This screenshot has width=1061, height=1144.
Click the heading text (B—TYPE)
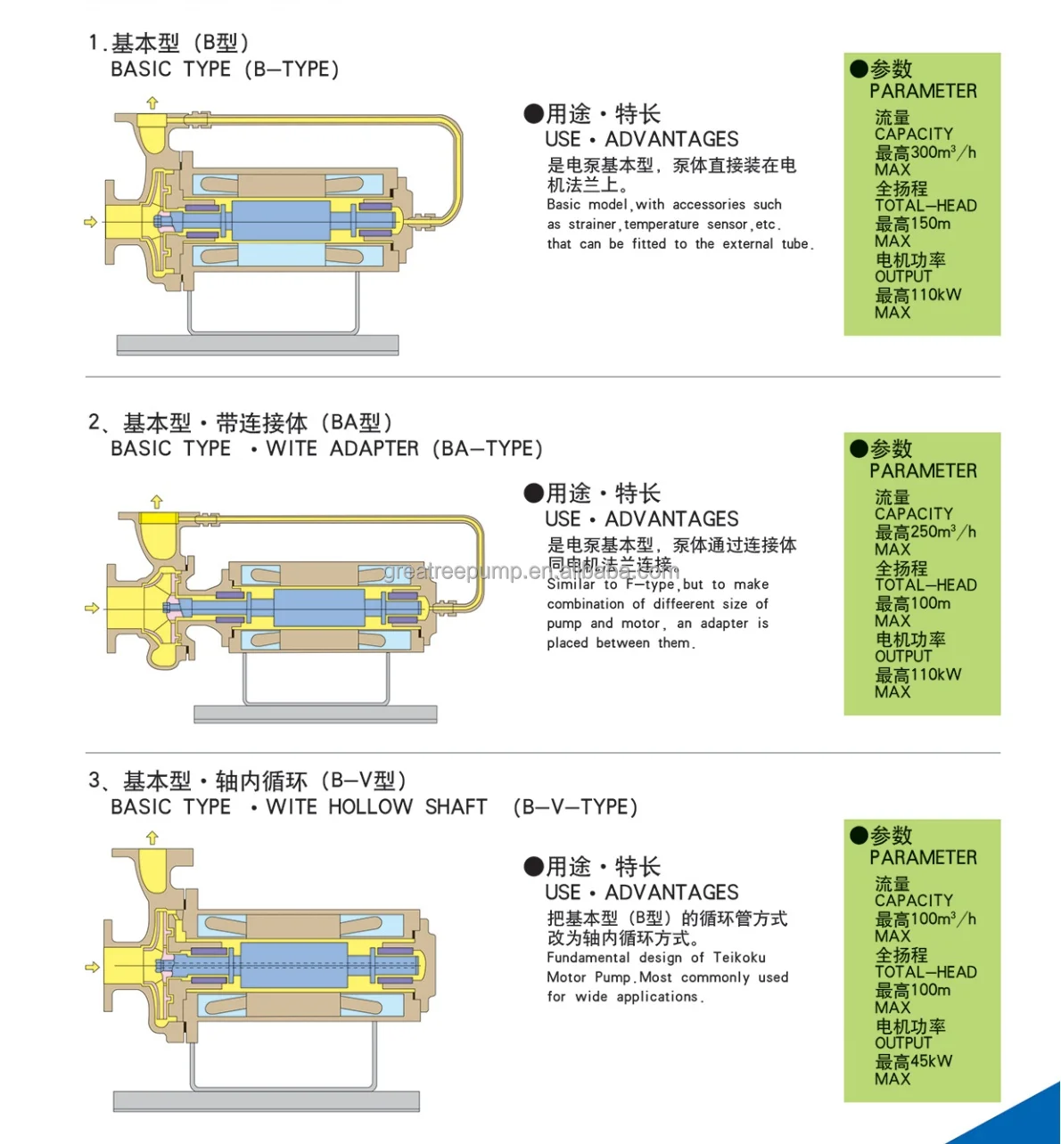pyautogui.click(x=292, y=69)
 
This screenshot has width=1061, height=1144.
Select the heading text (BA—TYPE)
pyautogui.click(x=487, y=449)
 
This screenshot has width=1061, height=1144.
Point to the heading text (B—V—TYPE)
pyautogui.click(x=575, y=807)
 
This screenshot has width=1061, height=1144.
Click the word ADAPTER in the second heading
pyautogui.click(x=374, y=449)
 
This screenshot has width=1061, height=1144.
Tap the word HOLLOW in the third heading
pyautogui.click(x=370, y=807)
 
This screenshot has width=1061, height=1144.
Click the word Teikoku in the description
pyautogui.click(x=738, y=958)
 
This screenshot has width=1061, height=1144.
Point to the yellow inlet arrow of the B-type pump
pyautogui.click(x=90, y=221)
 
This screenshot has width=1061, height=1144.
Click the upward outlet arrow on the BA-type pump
pyautogui.click(x=157, y=501)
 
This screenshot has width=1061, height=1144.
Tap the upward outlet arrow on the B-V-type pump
pyautogui.click(x=152, y=838)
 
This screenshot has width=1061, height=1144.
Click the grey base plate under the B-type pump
pyautogui.click(x=258, y=344)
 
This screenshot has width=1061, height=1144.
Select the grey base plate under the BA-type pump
pyautogui.click(x=315, y=714)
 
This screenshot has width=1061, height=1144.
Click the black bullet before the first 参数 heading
pyautogui.click(x=859, y=69)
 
